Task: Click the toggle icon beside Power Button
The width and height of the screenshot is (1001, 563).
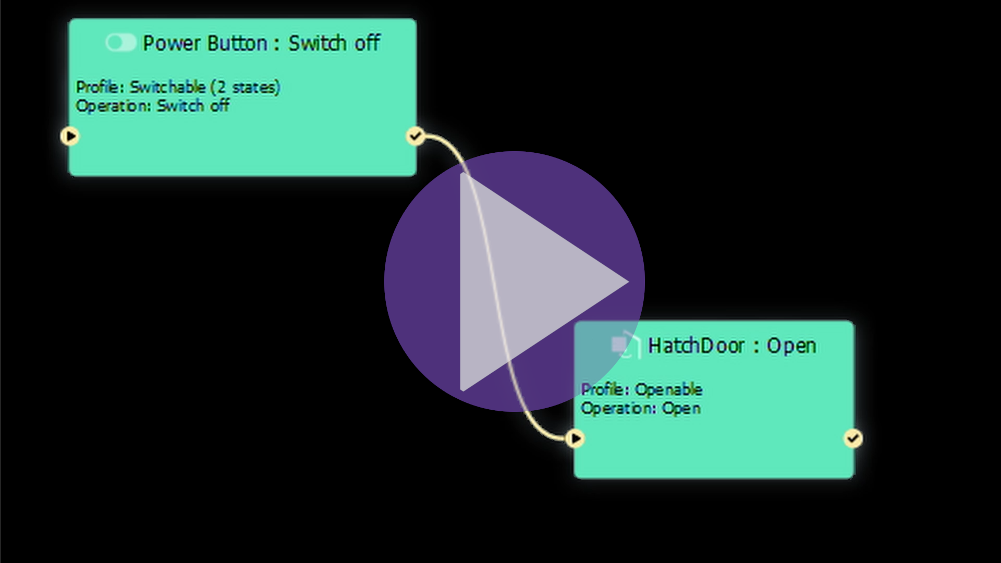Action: coord(120,43)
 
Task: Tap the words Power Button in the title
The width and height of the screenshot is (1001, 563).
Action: coord(205,43)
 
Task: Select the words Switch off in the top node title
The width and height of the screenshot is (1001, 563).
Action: coord(334,43)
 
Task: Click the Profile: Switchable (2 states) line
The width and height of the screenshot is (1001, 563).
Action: coord(178,87)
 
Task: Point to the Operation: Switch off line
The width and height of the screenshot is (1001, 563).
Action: coord(152,106)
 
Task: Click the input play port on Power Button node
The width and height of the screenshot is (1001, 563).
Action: coord(70,137)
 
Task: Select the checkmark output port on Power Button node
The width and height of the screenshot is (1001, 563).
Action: coord(415,137)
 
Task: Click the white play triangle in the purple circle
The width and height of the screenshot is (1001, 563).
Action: coord(532,281)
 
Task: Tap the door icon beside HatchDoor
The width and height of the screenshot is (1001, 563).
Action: coord(625,345)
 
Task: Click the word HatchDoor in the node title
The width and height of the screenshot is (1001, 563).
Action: coord(696,346)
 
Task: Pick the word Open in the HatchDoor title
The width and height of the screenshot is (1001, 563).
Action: coord(791,346)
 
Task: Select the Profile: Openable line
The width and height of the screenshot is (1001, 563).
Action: coord(641,389)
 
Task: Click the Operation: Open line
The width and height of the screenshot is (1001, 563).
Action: coord(640,408)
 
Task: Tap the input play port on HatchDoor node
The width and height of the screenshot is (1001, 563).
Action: coord(575,438)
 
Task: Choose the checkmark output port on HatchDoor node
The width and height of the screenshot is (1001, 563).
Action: coord(853,438)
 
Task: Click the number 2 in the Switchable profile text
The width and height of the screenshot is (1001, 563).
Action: coord(221,87)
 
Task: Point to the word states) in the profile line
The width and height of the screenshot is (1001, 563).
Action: coord(256,87)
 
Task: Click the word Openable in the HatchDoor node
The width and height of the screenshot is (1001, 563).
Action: coord(668,389)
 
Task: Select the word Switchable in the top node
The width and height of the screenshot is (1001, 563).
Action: coord(167,87)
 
